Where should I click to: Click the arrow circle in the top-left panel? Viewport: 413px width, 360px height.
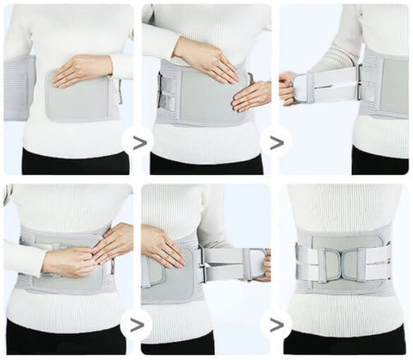tap(137, 143)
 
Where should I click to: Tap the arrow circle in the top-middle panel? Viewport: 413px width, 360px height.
tap(275, 143)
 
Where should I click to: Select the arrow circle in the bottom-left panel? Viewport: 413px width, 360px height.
tap(137, 325)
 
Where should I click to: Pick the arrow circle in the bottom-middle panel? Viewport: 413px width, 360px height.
tap(275, 325)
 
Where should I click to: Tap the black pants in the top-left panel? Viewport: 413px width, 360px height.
tap(73, 162)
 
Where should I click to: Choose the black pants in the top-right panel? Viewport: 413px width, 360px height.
tap(379, 162)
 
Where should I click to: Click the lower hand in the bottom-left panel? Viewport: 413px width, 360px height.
tap(69, 262)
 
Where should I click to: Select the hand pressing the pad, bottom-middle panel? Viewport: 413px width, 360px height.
tap(163, 245)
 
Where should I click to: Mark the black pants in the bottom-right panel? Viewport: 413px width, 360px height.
tap(344, 342)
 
